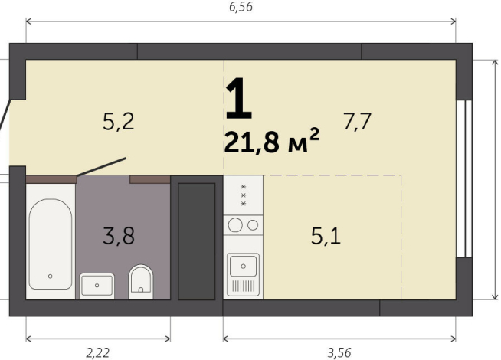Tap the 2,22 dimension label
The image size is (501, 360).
(x=97, y=352)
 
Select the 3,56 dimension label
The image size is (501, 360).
(x=339, y=352)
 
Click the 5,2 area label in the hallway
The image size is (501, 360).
(x=119, y=121)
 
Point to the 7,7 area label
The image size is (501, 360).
(x=357, y=121)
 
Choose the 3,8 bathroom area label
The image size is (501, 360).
(x=119, y=236)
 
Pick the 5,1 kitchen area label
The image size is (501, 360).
(x=326, y=236)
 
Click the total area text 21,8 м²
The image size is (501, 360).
(x=271, y=142)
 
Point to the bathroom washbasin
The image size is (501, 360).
(x=97, y=286)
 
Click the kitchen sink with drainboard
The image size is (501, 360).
(x=243, y=274)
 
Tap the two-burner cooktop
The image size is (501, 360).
(x=243, y=225)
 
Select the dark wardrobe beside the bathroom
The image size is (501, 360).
(x=196, y=240)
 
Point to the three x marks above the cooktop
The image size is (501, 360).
(x=244, y=195)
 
